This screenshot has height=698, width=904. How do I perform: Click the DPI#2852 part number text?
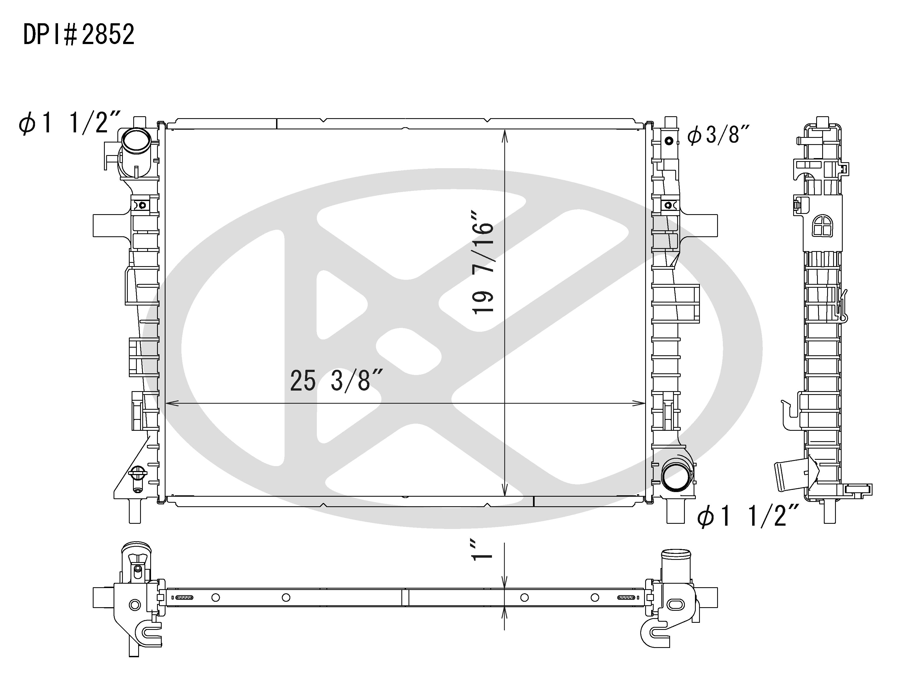[x=79, y=34]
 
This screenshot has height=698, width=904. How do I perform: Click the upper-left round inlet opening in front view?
[x=135, y=142]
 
